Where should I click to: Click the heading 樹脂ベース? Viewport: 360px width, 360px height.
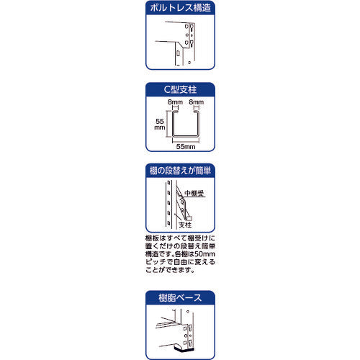point(179,297)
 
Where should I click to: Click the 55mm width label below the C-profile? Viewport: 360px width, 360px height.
point(184,146)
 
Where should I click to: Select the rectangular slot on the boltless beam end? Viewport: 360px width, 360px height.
point(177,53)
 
